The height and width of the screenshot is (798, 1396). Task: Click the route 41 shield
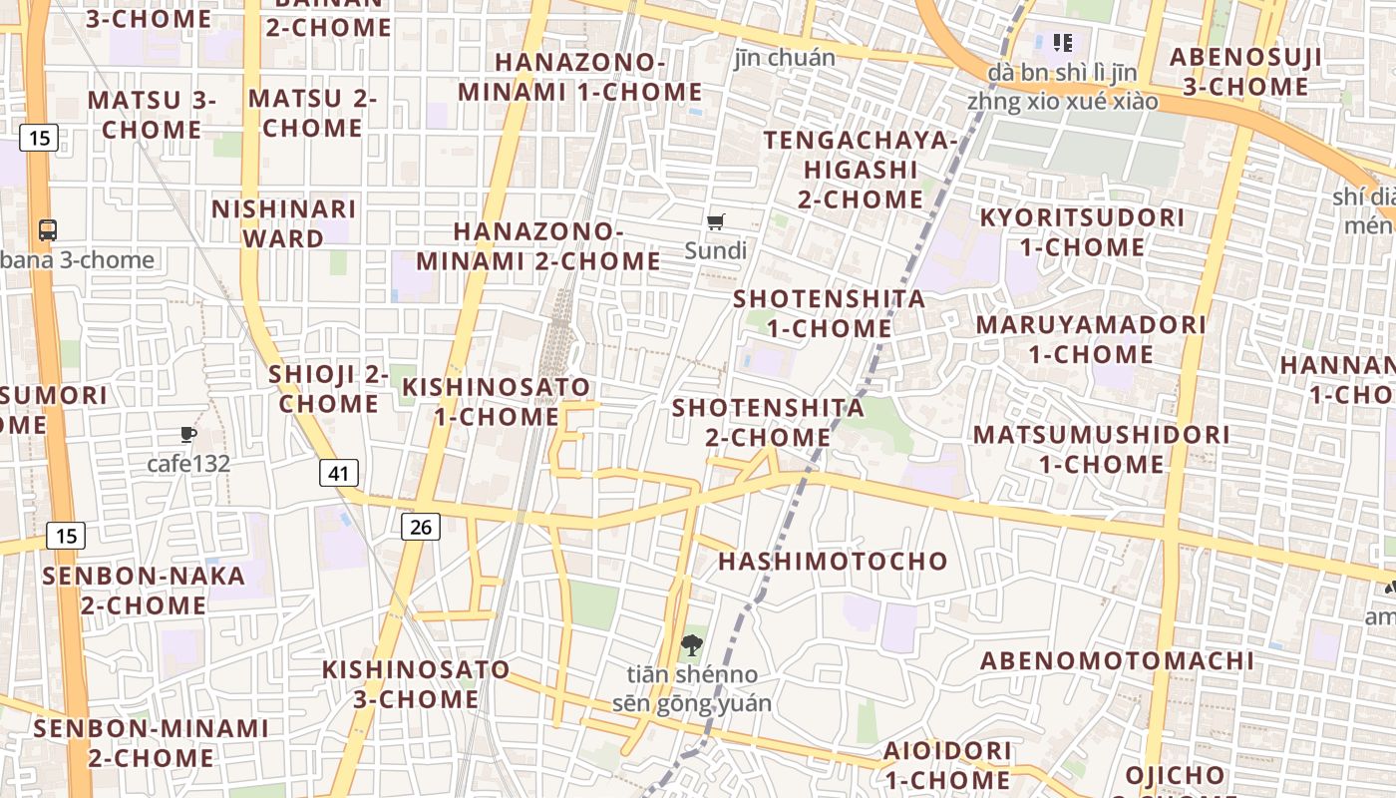click(x=339, y=473)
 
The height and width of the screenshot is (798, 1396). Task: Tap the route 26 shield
click(x=421, y=526)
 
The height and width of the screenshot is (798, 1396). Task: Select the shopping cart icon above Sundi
click(x=716, y=222)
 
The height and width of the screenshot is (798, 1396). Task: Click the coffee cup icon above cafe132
click(x=188, y=434)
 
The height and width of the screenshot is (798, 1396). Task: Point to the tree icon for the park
click(x=691, y=645)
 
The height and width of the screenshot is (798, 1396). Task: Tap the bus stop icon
click(x=48, y=230)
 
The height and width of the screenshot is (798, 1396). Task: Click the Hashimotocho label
click(x=833, y=562)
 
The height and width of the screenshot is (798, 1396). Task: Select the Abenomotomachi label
click(x=1117, y=661)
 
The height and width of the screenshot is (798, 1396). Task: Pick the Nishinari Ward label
click(x=284, y=224)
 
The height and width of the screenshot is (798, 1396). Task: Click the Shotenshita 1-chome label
click(x=830, y=313)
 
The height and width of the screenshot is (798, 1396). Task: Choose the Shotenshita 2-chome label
click(x=768, y=423)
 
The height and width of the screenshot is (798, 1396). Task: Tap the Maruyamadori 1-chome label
click(x=1091, y=340)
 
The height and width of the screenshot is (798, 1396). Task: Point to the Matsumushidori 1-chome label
click(x=1101, y=450)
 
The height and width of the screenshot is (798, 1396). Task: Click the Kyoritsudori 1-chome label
click(x=1082, y=232)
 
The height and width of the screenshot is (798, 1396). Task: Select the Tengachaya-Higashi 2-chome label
click(x=861, y=170)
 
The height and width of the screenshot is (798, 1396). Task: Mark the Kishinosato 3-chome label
click(x=416, y=684)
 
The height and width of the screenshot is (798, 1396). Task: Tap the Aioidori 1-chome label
click(x=947, y=764)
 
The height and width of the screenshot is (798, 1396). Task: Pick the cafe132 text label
click(x=188, y=464)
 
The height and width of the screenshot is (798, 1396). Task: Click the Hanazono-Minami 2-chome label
click(x=538, y=246)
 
